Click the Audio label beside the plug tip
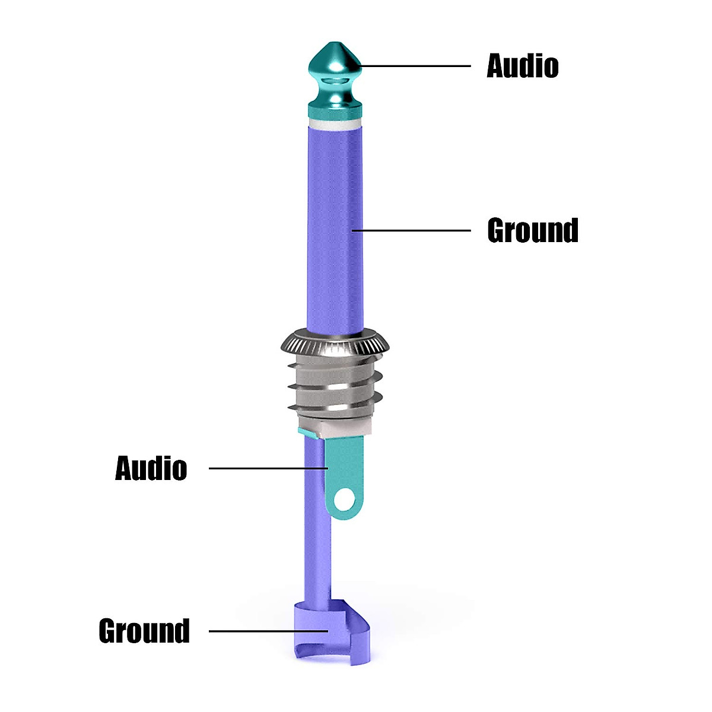coord(523,66)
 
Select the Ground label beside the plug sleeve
coord(533,230)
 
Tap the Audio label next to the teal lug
coord(151,468)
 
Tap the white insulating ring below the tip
coord(335,123)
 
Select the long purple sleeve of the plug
coord(335,229)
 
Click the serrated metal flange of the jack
coord(335,344)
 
